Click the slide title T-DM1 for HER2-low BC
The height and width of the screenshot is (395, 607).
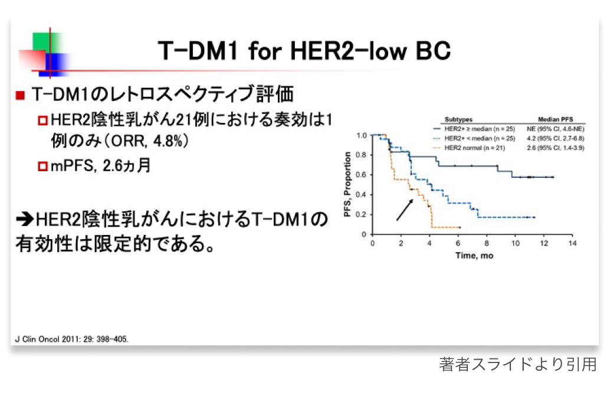[304, 51]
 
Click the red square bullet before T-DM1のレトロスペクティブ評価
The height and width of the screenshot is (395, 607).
[20, 96]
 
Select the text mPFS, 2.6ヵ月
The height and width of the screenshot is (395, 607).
[101, 165]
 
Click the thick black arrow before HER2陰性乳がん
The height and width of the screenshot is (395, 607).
[25, 220]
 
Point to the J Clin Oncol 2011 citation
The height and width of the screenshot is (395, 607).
[71, 339]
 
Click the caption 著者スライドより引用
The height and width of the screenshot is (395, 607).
[517, 364]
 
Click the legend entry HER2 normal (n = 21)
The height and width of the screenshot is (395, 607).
[475, 148]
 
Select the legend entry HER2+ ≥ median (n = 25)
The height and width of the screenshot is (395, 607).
[480, 129]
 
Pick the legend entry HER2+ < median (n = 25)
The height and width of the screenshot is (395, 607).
[480, 138]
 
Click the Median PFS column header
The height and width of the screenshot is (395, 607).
[555, 119]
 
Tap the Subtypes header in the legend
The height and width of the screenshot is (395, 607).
[458, 119]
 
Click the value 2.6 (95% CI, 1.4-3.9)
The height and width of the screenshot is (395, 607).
[556, 148]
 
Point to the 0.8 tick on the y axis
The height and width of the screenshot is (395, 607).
[361, 155]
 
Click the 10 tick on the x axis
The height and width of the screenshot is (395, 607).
[515, 243]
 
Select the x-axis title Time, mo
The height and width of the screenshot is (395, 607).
[474, 256]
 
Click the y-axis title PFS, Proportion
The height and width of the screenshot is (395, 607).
[347, 184]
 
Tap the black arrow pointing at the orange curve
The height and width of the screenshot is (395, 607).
[405, 210]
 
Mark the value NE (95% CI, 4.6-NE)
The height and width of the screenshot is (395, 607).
[556, 129]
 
